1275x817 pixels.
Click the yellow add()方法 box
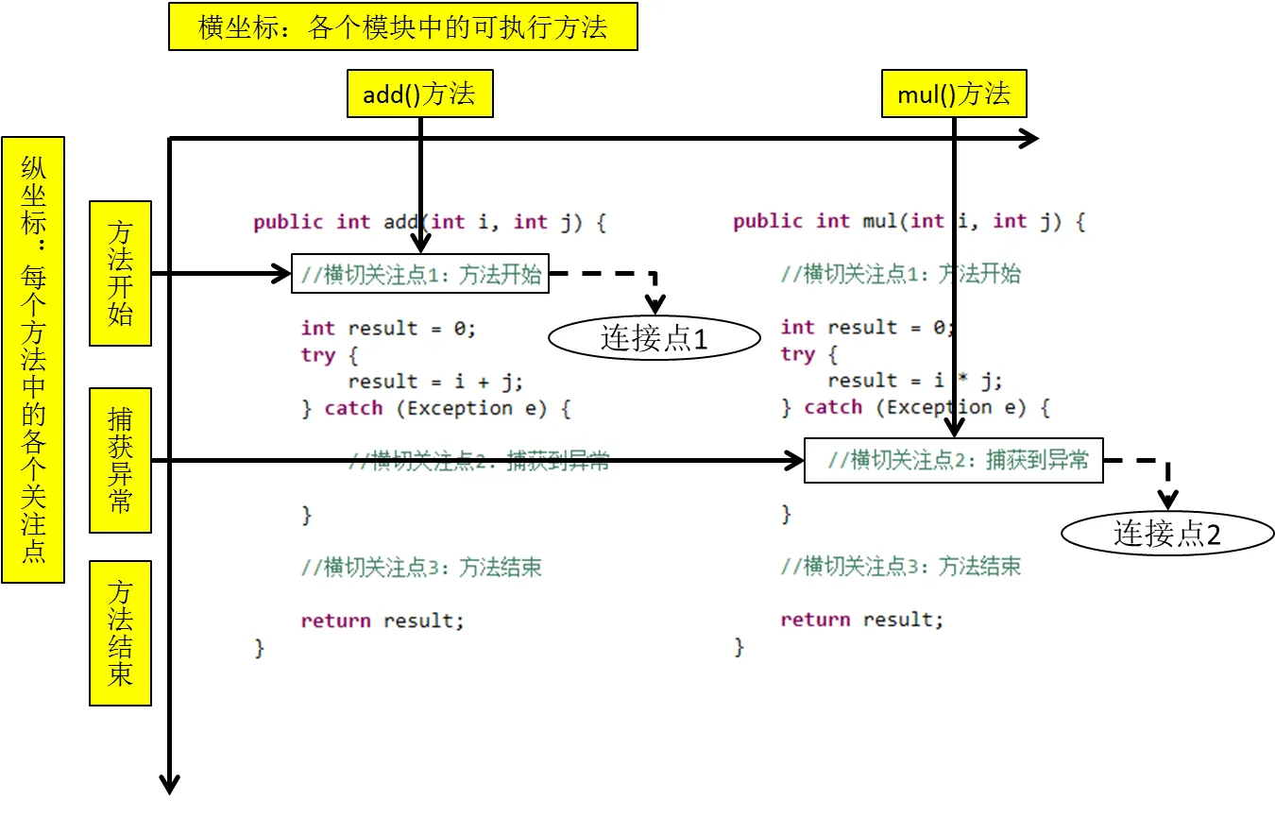pyautogui.click(x=420, y=94)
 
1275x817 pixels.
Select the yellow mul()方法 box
pyautogui.click(x=954, y=94)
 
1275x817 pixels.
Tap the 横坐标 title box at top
pyautogui.click(x=403, y=26)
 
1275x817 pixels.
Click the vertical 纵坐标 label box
pyautogui.click(x=33, y=359)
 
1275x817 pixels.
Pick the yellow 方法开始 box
pyautogui.click(x=120, y=273)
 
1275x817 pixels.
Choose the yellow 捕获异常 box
pyautogui.click(x=120, y=460)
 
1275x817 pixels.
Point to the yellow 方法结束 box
pyautogui.click(x=120, y=633)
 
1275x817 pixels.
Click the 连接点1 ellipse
pyautogui.click(x=654, y=339)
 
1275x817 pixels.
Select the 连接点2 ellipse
pyautogui.click(x=1167, y=534)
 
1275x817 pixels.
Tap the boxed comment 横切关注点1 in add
pyautogui.click(x=420, y=274)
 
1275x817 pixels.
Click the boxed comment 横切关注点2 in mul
pyautogui.click(x=954, y=460)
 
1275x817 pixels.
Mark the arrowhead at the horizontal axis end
pyautogui.click(x=1029, y=140)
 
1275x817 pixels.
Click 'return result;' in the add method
pyautogui.click(x=382, y=621)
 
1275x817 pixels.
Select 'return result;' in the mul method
pyautogui.click(x=861, y=620)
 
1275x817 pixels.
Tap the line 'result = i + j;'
pyautogui.click(x=434, y=382)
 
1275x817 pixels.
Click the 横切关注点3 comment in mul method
pyautogui.click(x=900, y=567)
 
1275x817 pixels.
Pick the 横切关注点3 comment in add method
pyautogui.click(x=421, y=568)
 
